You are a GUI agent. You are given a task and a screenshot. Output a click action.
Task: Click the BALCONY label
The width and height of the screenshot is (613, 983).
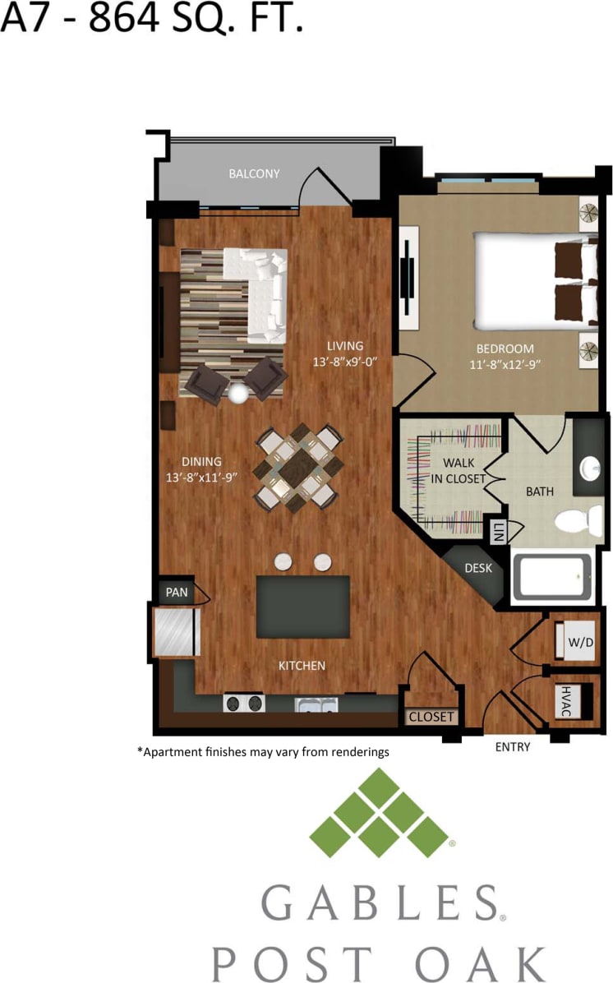pos(254,173)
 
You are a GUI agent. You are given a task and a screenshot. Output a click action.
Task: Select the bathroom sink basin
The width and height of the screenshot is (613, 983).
pos(591,468)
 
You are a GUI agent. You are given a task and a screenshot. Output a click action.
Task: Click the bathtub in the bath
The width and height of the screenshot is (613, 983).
pos(551,576)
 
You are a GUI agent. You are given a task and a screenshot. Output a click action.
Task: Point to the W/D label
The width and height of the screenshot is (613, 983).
pos(580,642)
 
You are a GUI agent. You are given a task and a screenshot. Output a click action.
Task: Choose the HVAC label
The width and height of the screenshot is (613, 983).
pos(565,701)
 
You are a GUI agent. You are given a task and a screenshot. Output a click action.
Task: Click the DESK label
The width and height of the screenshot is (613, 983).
pos(477,568)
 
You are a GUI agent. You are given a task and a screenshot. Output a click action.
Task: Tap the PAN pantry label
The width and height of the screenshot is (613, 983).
pos(177,592)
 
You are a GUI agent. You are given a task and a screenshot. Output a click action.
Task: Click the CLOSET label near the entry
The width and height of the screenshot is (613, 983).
pos(431,717)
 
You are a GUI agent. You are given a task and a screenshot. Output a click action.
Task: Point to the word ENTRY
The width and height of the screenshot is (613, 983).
pos(512,747)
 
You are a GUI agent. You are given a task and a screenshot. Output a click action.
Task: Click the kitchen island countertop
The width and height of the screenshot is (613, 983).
pos(302,607)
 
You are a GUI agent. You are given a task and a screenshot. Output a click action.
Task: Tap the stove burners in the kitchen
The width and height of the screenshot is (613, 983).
pos(245,704)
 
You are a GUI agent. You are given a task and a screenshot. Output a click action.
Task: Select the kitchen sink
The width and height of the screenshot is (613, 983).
pos(317,704)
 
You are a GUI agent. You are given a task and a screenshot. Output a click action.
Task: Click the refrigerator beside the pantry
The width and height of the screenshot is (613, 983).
pos(174,631)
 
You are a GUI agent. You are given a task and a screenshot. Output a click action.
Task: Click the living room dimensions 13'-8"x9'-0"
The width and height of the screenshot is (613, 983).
pos(344,362)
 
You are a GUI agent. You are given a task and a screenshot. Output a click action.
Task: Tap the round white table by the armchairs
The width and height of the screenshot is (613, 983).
pos(238,394)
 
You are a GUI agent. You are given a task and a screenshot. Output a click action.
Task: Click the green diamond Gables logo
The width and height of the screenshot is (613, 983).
pos(378,813)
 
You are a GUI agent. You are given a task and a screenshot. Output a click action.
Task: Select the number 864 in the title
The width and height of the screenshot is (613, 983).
pos(123,18)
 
